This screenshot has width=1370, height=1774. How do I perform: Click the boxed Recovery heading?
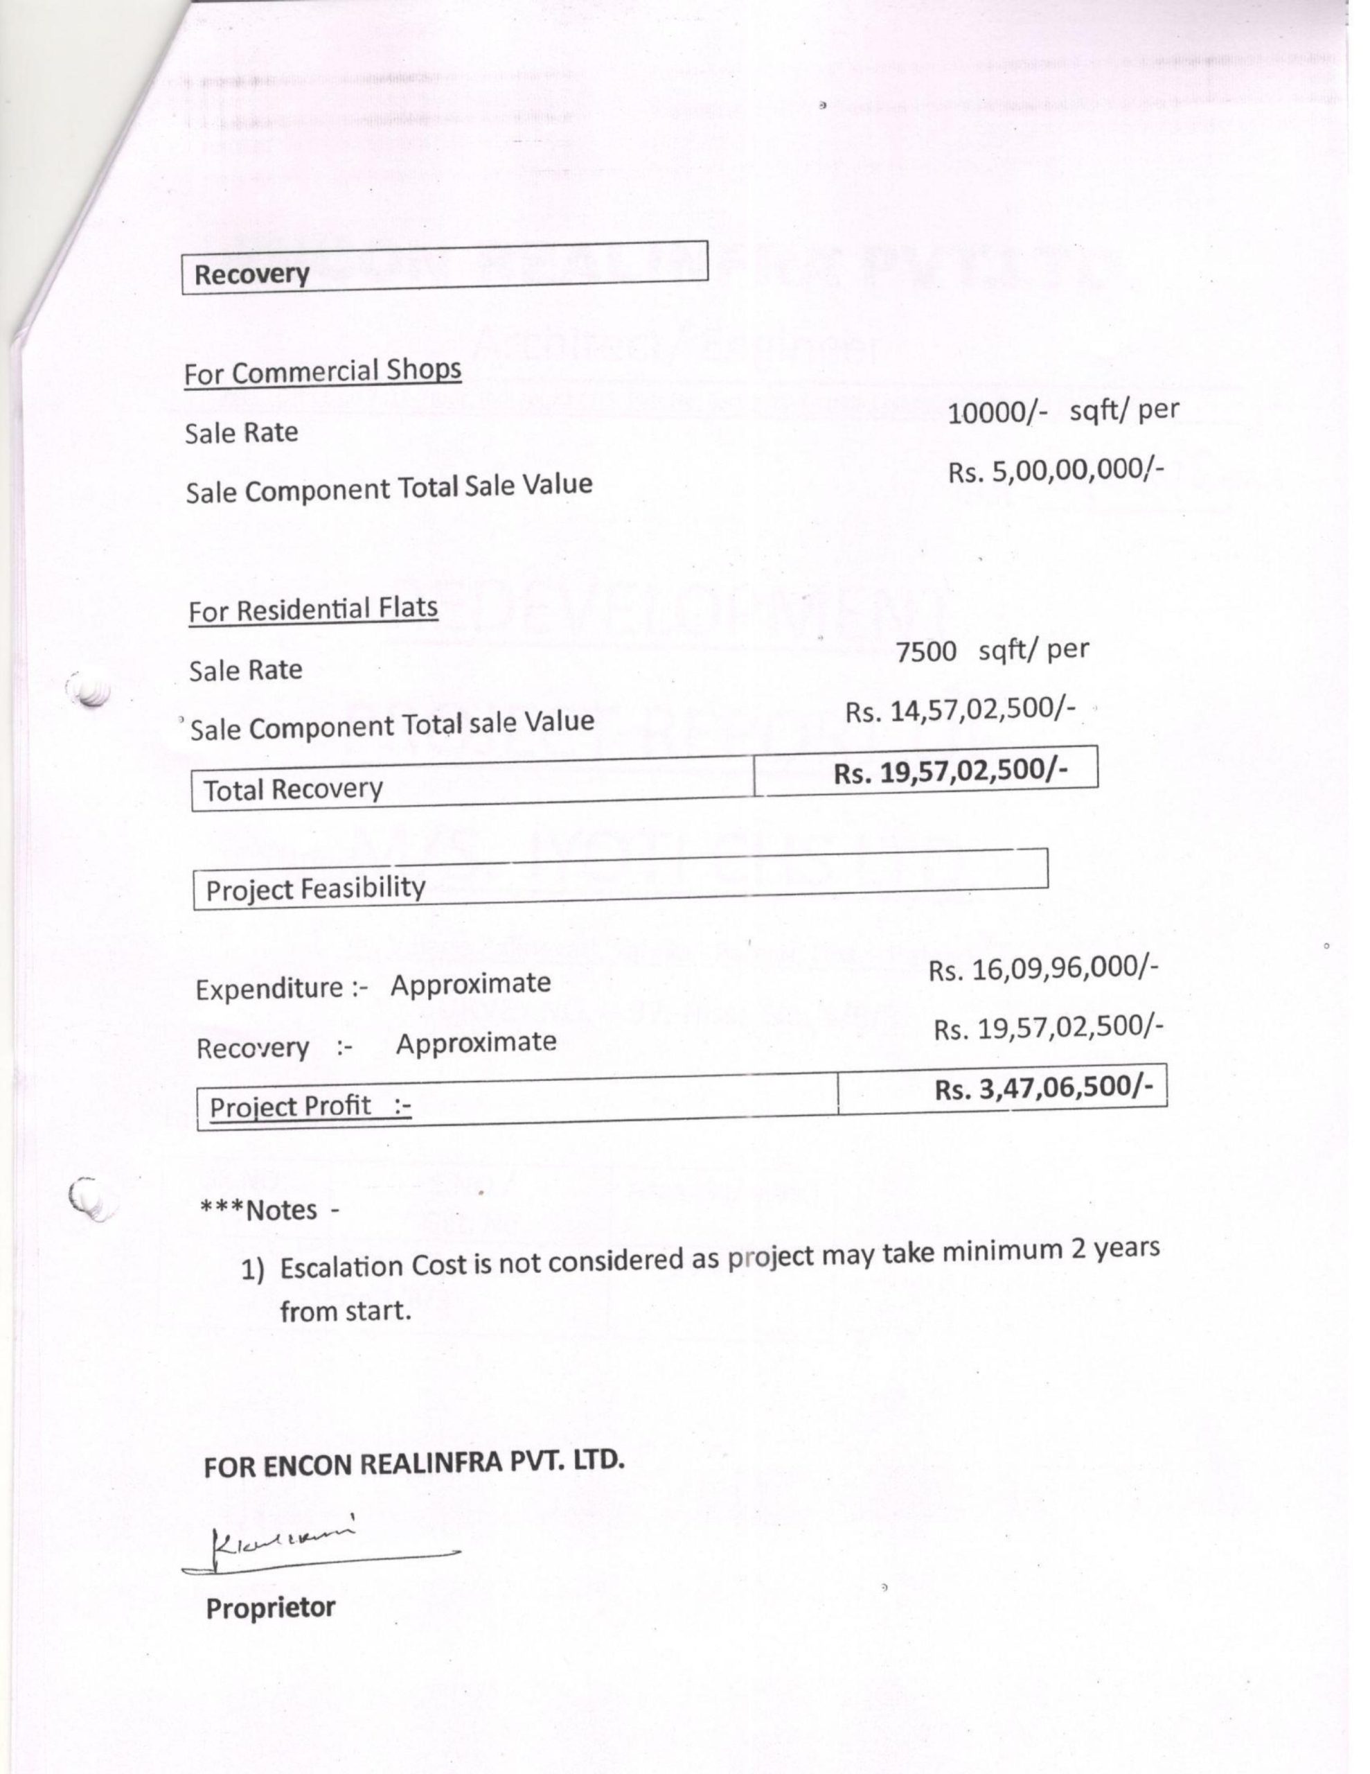tap(251, 274)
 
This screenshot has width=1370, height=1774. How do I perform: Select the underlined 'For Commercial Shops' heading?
tap(322, 372)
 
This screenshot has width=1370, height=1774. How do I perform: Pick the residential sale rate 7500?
tap(927, 651)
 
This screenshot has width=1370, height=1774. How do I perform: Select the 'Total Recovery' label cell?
tap(292, 789)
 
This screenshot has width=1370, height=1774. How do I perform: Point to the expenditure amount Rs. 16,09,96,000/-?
tap(1042, 969)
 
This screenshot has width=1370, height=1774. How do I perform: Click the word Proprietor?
tap(270, 1608)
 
